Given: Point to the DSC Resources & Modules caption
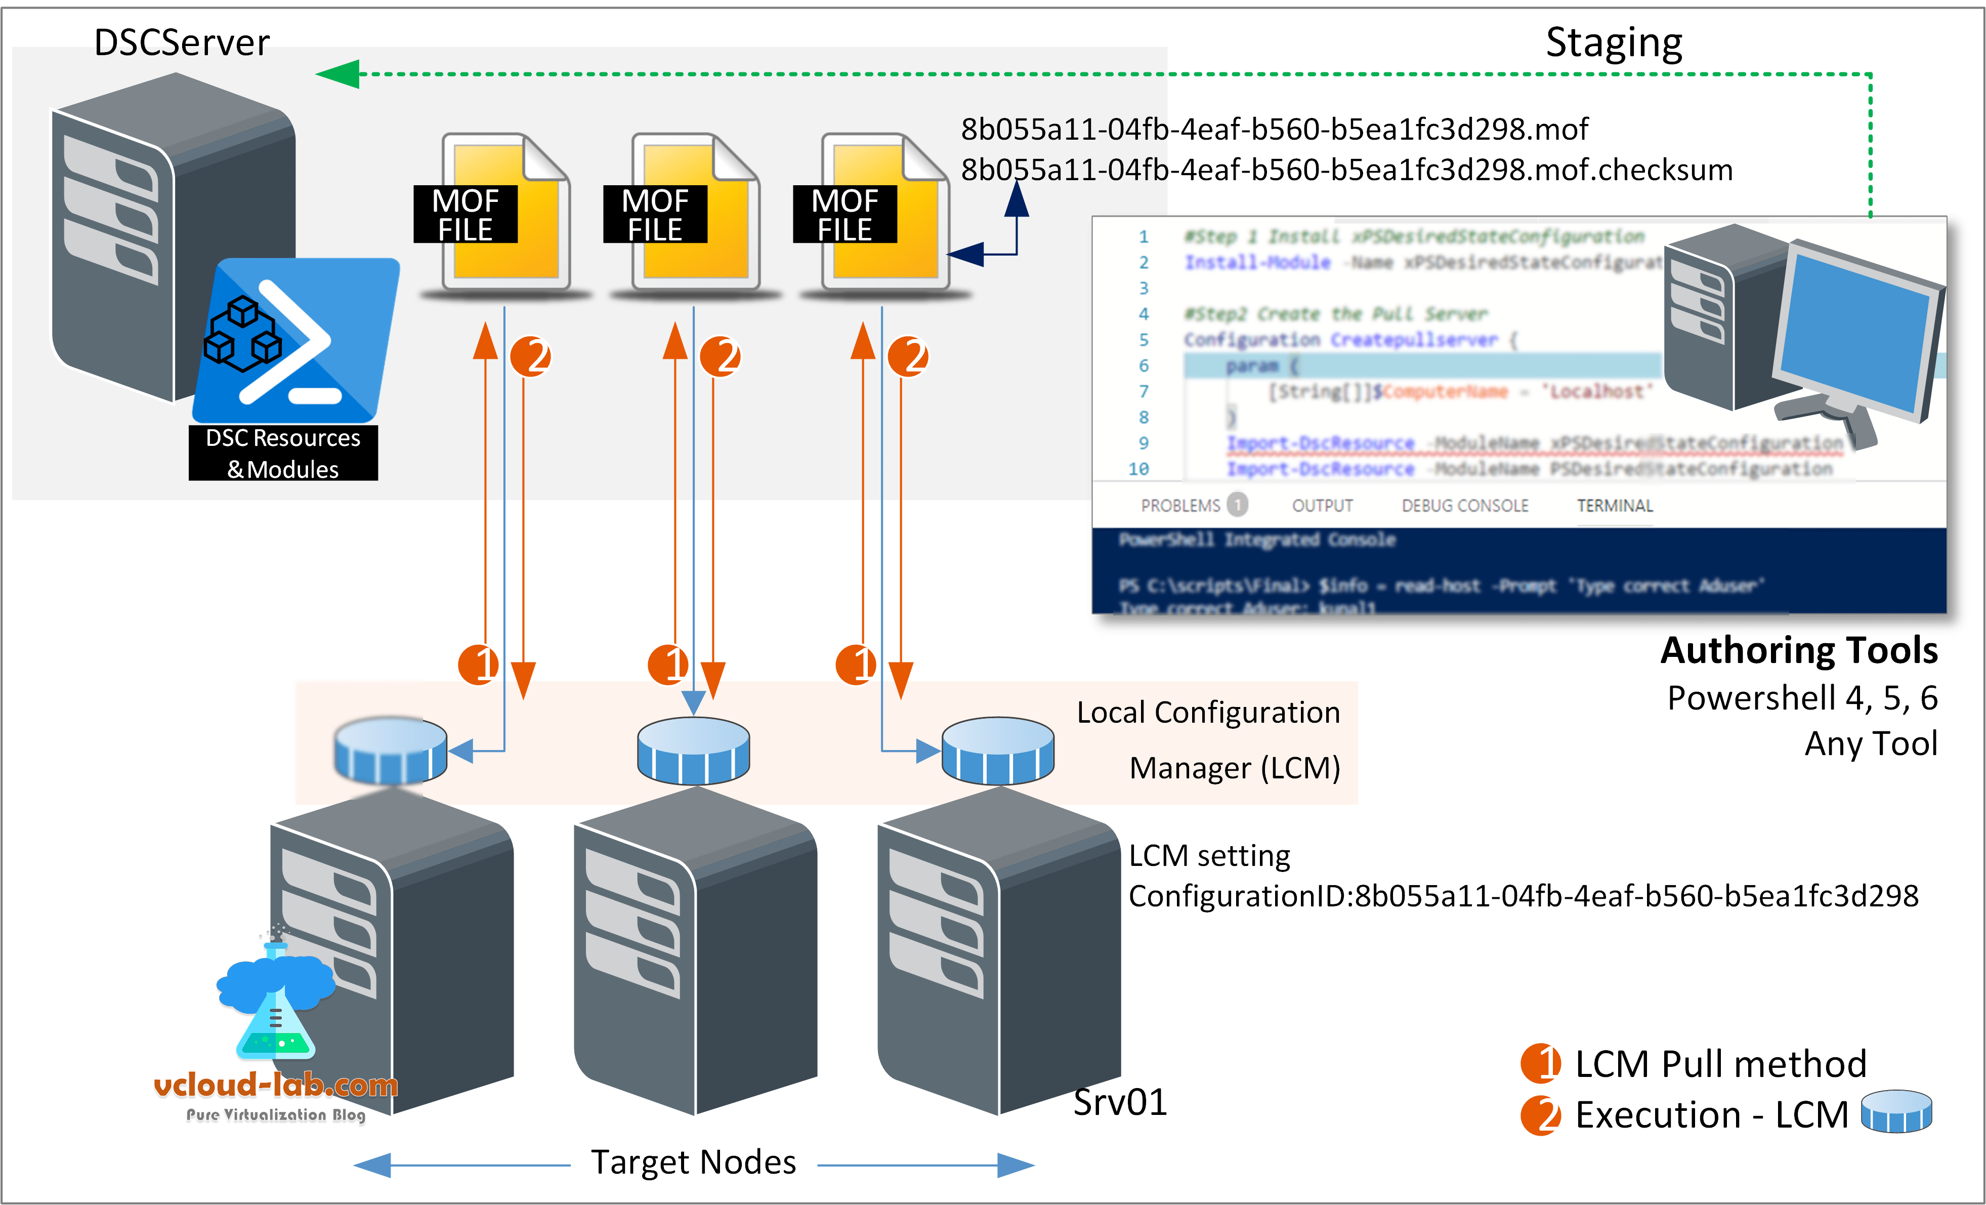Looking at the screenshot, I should click(283, 453).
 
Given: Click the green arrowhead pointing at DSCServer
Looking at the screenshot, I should click(339, 74).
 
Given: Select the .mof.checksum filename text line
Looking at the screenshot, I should click(1346, 170).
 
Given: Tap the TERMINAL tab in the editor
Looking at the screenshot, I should click(1615, 506).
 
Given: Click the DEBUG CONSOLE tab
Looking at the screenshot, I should click(1464, 506).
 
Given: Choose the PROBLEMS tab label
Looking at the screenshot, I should click(1180, 506).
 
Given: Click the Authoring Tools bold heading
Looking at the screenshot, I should click(1798, 650).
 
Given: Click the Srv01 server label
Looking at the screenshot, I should click(1120, 1102).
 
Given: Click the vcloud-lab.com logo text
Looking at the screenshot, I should click(276, 1085).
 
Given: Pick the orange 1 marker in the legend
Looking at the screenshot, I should click(1540, 1063).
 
